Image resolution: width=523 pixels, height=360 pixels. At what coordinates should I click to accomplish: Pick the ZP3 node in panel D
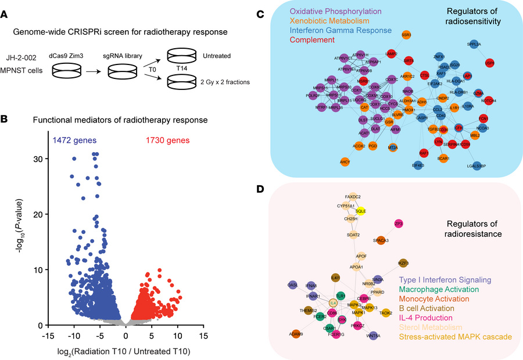pyautogui.click(x=399, y=223)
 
